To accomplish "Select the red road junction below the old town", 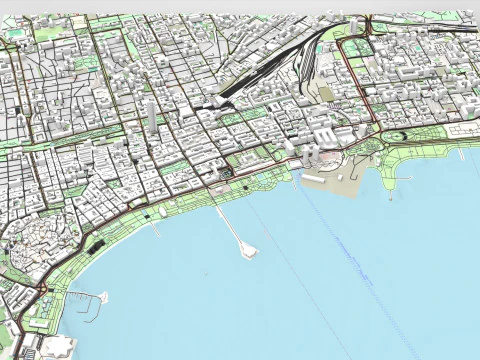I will pos(43,291).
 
